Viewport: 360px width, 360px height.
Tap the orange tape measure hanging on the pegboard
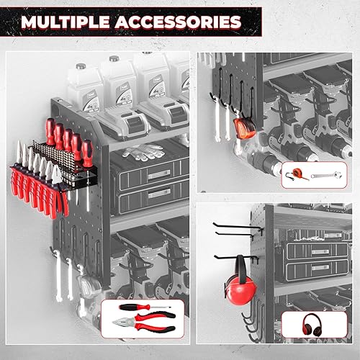coord(244,128)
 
